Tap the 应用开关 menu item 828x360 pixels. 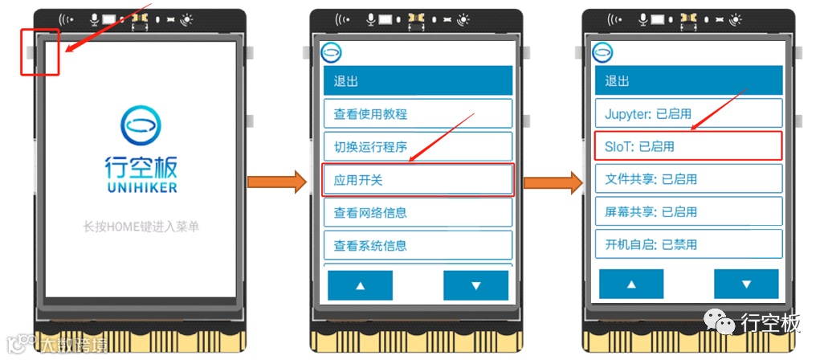click(417, 180)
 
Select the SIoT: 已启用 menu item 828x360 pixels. click(688, 146)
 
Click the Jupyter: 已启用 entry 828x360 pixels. click(688, 113)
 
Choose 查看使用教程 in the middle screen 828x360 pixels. click(417, 113)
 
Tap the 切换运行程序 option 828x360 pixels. click(417, 146)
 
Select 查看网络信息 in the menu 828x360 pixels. click(417, 212)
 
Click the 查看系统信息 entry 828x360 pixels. click(417, 245)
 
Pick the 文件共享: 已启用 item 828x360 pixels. click(688, 178)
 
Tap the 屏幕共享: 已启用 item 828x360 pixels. click(688, 211)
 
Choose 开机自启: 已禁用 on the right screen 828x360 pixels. click(688, 244)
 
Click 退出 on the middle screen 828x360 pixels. click(417, 81)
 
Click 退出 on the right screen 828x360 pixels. click(688, 80)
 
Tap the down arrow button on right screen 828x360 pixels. click(746, 284)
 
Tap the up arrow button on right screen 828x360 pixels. click(631, 284)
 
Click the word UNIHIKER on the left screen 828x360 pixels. click(141, 187)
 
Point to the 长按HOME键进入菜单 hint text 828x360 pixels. click(141, 227)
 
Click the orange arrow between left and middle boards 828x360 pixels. click(277, 182)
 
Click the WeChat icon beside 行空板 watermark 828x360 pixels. click(721, 323)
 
